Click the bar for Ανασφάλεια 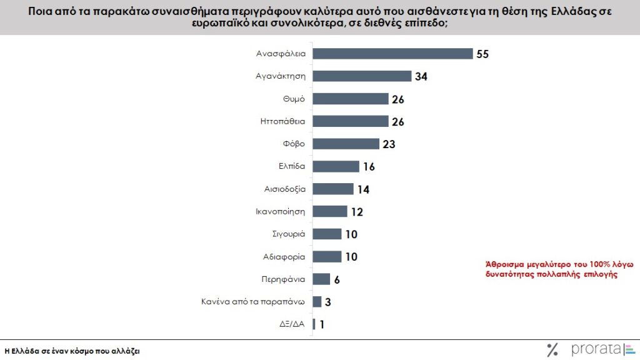pos(392,54)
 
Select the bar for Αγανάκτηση pos(362,76)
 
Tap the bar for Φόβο pos(346,144)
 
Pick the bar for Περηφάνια pos(321,279)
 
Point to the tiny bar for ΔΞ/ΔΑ pos(314,324)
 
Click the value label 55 pos(482,54)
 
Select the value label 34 pos(421,76)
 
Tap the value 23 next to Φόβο pos(389,144)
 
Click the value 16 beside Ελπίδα pos(368,166)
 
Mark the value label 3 pos(327,301)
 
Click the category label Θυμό pos(293,99)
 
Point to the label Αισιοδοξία pos(284,189)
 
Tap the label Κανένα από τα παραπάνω pos(252,301)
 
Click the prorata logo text pos(594,348)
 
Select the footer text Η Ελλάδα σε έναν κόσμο pos(72,351)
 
